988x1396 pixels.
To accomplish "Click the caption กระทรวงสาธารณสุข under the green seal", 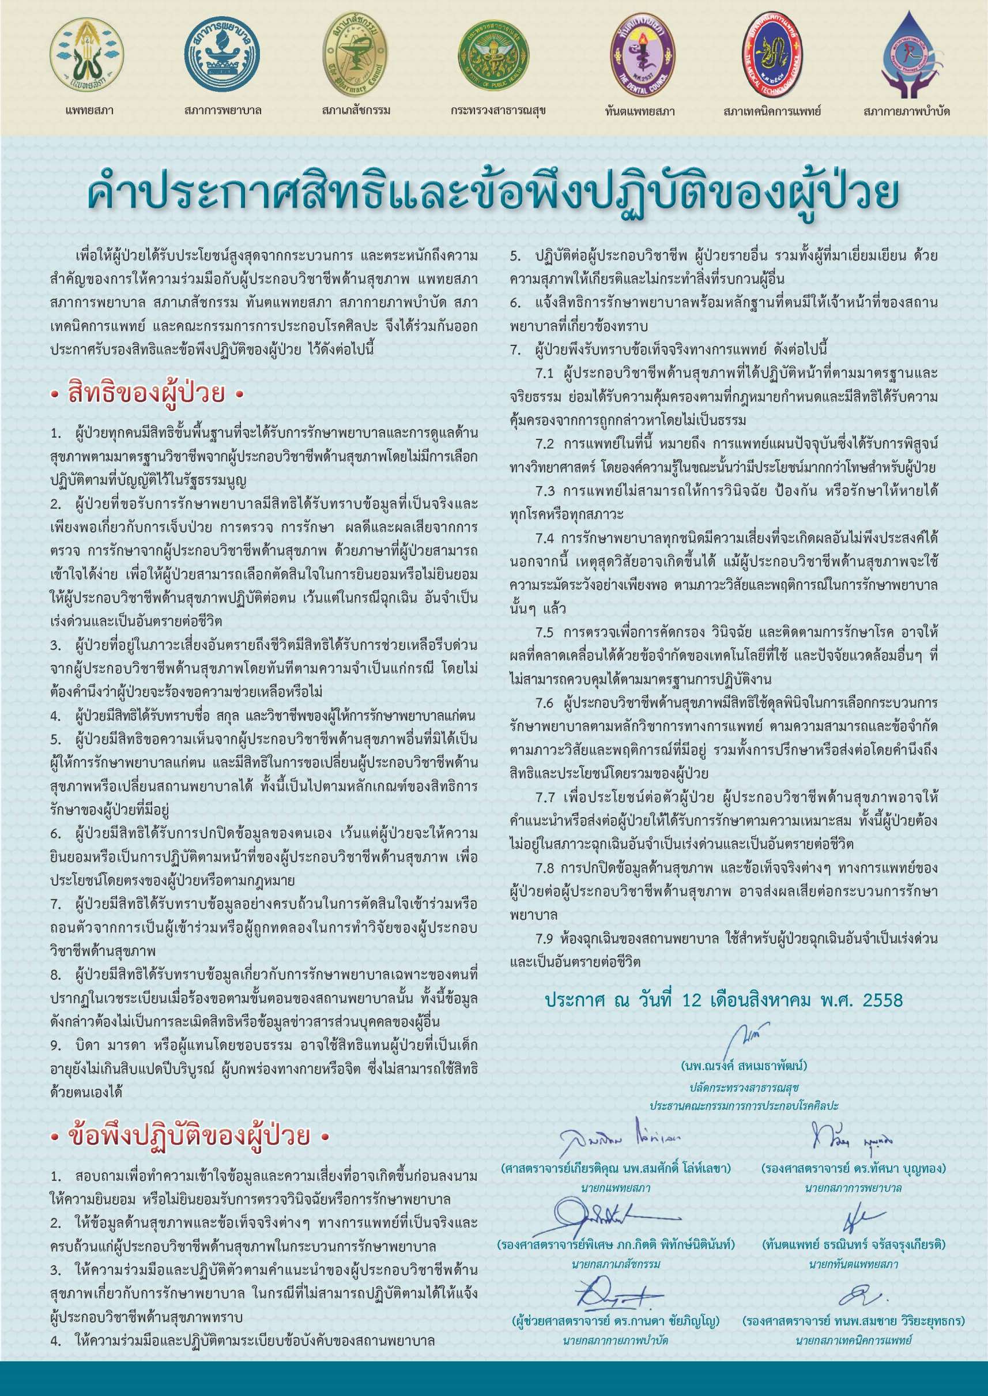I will tap(497, 111).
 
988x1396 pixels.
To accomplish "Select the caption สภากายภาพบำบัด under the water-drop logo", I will tap(906, 111).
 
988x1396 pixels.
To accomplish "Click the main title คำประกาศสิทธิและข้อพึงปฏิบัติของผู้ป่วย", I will tap(493, 194).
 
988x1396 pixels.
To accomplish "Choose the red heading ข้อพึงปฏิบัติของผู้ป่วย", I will tap(189, 1135).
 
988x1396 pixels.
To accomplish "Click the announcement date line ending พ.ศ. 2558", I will tap(723, 1000).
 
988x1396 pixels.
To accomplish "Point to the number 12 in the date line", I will tap(692, 1000).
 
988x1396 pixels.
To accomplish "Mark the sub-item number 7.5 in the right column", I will tap(544, 633).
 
